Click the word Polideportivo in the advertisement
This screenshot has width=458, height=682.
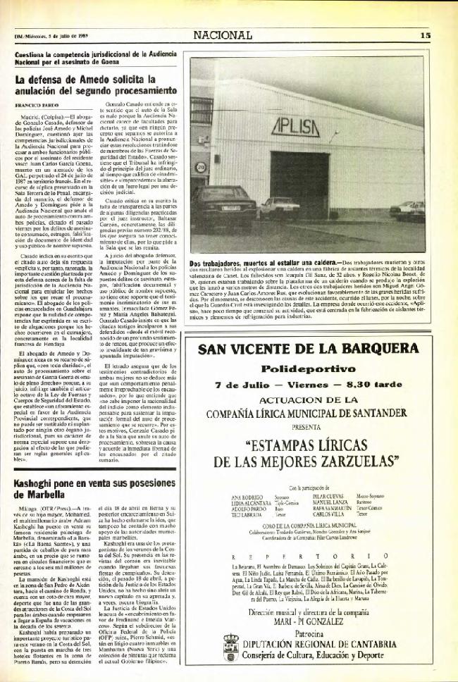[x=314, y=368]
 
